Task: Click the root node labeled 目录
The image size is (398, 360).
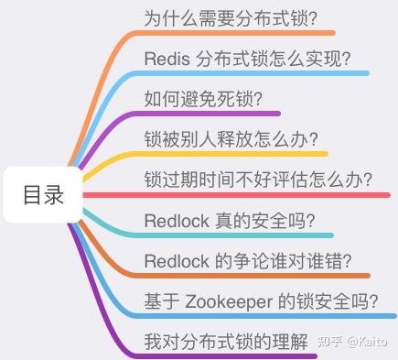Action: pyautogui.click(x=43, y=195)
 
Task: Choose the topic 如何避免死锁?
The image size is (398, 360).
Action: pyautogui.click(x=204, y=99)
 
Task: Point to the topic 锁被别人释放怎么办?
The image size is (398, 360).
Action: pyautogui.click(x=231, y=139)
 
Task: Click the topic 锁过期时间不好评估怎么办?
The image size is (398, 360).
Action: pyautogui.click(x=258, y=180)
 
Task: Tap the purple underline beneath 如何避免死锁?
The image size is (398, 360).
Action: pyautogui.click(x=210, y=114)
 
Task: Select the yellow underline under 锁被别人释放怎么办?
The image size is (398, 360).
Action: pyautogui.click(x=238, y=154)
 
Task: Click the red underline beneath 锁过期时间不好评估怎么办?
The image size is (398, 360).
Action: pyautogui.click(x=265, y=194)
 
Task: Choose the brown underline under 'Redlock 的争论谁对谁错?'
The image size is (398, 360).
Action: pyautogui.click(x=256, y=275)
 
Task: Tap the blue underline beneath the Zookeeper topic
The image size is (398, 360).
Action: pyautogui.click(x=265, y=315)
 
